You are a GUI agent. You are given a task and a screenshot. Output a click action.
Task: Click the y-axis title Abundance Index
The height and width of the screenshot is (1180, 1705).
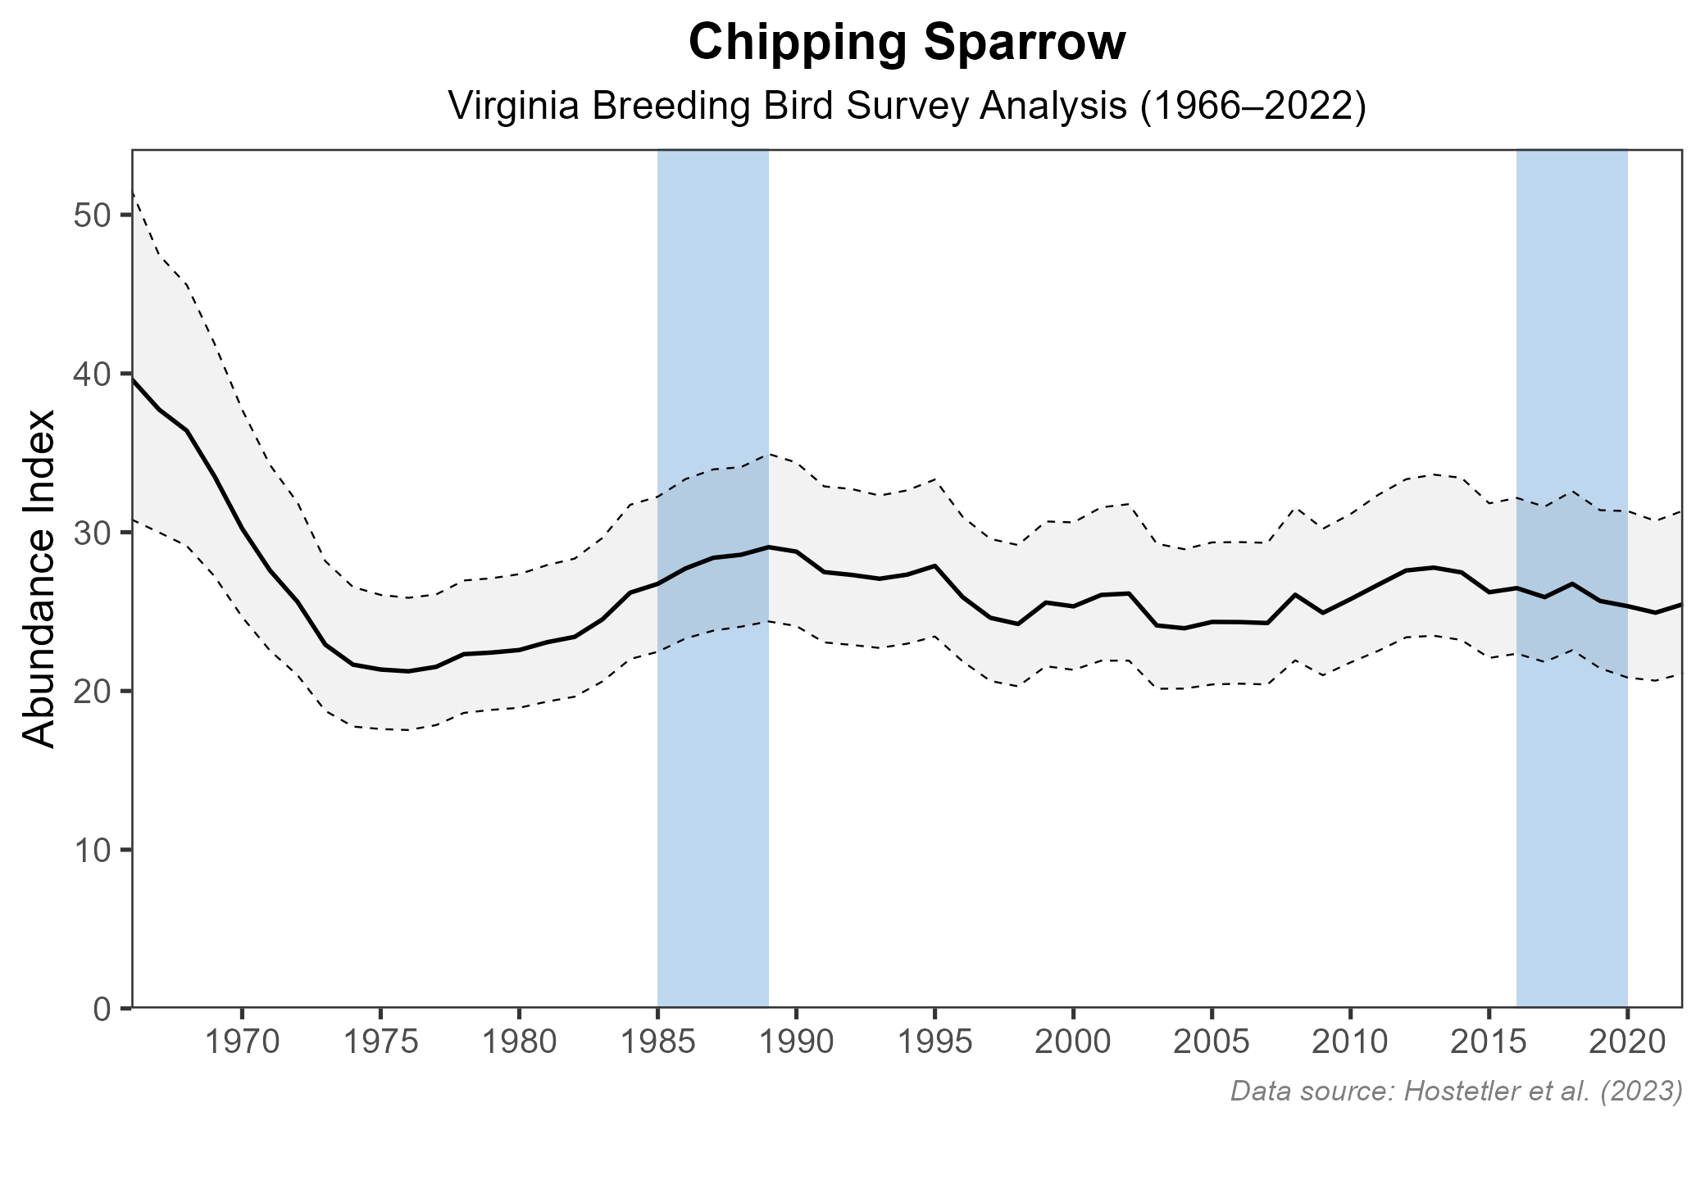point(39,579)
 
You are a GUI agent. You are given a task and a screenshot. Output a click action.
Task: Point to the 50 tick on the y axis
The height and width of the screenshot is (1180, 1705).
point(91,216)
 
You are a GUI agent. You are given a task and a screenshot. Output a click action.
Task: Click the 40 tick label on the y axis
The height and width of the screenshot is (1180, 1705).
point(91,374)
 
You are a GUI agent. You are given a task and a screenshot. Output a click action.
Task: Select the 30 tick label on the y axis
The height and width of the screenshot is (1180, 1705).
point(91,533)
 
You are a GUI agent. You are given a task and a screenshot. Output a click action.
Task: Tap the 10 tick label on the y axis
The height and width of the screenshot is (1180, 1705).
point(91,850)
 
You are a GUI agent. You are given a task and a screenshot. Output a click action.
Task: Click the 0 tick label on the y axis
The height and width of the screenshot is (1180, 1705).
point(101,1008)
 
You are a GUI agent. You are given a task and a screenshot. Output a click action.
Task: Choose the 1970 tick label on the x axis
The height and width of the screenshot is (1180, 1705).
point(242,1043)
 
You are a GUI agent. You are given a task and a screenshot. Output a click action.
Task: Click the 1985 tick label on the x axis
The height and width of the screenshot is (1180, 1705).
point(657,1043)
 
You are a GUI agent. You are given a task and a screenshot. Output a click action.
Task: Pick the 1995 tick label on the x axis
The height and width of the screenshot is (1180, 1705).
point(934,1043)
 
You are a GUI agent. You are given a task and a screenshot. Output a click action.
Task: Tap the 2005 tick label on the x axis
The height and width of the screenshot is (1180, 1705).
point(1212,1043)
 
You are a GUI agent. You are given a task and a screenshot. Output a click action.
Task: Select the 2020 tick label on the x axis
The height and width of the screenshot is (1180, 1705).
point(1627,1043)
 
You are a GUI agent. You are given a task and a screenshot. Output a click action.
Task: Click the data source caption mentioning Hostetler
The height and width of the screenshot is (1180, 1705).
point(1456,1091)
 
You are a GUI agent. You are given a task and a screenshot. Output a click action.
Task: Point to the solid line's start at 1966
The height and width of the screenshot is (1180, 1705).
point(133,379)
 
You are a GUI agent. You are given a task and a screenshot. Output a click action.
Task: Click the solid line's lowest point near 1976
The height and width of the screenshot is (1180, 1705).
point(408,671)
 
